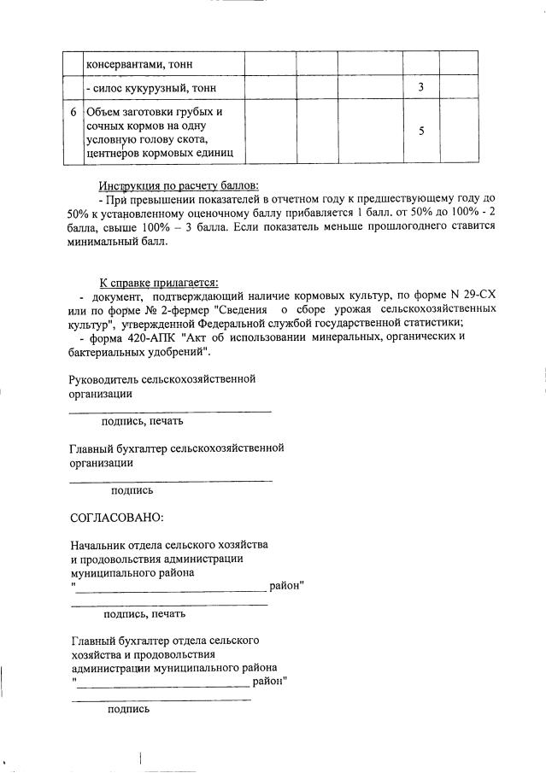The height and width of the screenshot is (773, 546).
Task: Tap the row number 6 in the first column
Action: pyautogui.click(x=73, y=113)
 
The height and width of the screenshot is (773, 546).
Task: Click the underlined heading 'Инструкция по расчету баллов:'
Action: pyautogui.click(x=178, y=186)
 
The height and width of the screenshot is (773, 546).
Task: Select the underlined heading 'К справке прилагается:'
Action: pyautogui.click(x=159, y=283)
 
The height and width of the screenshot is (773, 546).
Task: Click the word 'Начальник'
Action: pyautogui.click(x=100, y=545)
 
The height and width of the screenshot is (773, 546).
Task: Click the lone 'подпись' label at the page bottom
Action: pyautogui.click(x=128, y=709)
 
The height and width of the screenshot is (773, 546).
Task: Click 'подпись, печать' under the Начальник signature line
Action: pyautogui.click(x=144, y=613)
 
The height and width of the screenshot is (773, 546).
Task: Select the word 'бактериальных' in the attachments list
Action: pyautogui.click(x=106, y=351)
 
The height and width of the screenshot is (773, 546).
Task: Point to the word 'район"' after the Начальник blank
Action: pyautogui.click(x=287, y=586)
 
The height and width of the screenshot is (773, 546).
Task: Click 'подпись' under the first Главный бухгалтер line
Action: pyautogui.click(x=132, y=490)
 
